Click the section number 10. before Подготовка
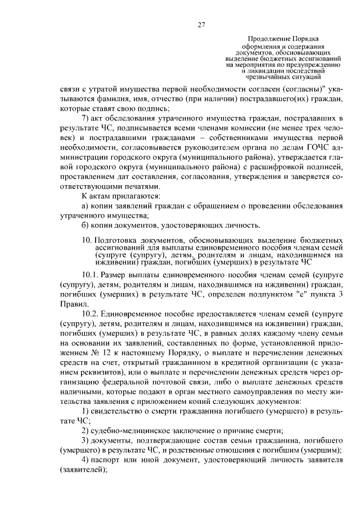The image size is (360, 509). (x=87, y=240)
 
